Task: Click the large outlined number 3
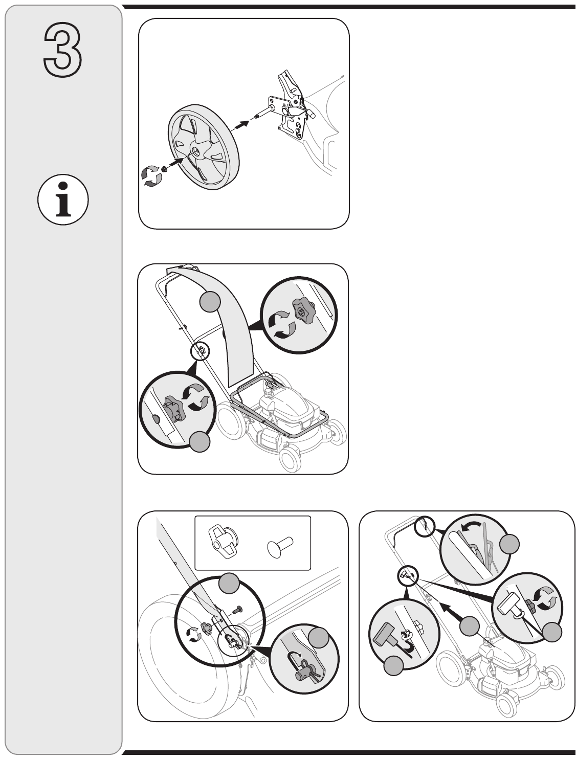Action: tap(62, 50)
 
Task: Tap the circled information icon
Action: tap(63, 199)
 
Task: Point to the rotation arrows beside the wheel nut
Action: tap(151, 176)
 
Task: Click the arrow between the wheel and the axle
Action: tap(241, 124)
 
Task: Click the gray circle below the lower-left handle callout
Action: tap(200, 441)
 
